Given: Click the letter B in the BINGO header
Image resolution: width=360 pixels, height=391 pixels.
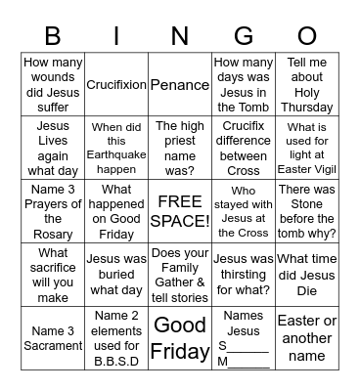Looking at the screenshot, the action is [x=53, y=37].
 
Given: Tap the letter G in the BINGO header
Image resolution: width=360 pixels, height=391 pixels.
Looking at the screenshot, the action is [x=243, y=37].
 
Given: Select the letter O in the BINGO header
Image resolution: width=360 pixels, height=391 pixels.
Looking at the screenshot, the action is [x=307, y=37].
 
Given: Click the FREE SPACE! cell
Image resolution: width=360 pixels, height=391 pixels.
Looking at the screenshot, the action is [x=180, y=211].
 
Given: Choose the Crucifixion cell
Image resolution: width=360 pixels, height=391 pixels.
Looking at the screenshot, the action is [x=116, y=85].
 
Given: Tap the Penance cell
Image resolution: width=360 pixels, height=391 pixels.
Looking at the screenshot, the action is [x=180, y=85].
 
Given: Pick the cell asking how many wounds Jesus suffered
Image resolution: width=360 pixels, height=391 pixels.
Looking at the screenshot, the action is [x=53, y=85].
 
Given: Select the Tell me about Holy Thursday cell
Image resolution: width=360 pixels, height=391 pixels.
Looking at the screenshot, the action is [x=307, y=85].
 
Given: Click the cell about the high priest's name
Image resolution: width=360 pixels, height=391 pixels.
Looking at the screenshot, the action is [x=180, y=148].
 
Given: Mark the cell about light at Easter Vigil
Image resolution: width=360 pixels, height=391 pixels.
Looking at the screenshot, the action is [x=307, y=148].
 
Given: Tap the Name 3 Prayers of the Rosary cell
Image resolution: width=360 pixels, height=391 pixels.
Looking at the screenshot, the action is [x=53, y=211].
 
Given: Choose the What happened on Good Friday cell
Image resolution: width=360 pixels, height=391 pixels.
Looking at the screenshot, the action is [x=116, y=211].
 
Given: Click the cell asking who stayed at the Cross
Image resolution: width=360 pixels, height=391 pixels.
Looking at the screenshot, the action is [x=244, y=211].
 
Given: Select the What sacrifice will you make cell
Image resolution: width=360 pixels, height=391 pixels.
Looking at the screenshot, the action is [x=53, y=274].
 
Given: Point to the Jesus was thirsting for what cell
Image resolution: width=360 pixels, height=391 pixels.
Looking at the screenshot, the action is [x=244, y=274].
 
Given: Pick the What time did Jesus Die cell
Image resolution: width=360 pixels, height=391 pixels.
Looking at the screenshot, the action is [x=307, y=274].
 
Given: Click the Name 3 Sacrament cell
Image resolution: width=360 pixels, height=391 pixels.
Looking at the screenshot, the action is [x=53, y=337].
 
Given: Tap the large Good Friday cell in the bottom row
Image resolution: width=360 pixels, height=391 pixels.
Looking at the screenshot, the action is [x=180, y=337].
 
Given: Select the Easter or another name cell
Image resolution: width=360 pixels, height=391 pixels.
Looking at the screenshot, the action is [x=307, y=337].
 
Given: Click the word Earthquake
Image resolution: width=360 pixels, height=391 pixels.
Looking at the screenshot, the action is [x=116, y=154].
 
